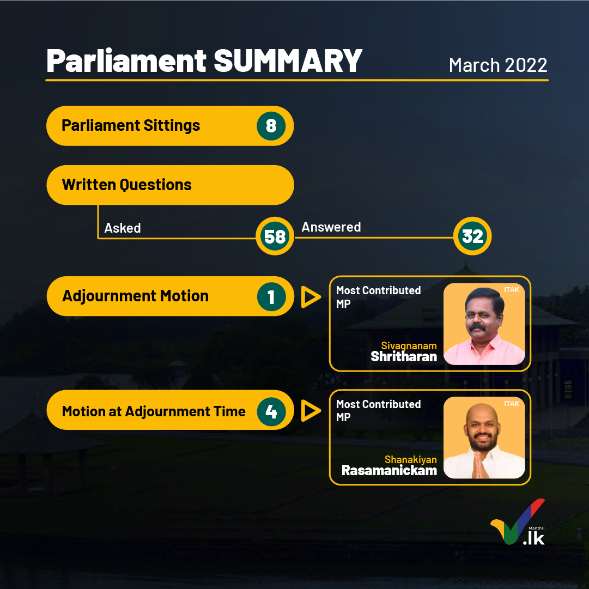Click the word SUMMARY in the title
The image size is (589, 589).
[288, 60]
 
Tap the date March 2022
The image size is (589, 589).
[497, 65]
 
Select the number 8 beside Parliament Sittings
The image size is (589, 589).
[271, 126]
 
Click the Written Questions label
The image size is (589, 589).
[127, 185]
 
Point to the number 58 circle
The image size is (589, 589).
[275, 236]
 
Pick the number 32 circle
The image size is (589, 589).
[472, 236]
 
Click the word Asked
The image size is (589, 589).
[123, 228]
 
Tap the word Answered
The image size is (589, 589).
[331, 227]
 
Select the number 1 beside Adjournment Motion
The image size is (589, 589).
[271, 297]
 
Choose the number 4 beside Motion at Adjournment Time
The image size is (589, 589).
[271, 412]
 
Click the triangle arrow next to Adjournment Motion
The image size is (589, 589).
[310, 297]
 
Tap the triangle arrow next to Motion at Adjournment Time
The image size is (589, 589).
[310, 411]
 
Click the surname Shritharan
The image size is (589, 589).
[404, 356]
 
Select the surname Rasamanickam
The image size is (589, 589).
[389, 470]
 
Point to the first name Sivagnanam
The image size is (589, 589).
[409, 345]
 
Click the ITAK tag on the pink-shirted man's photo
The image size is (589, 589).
[512, 290]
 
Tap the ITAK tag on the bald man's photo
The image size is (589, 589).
[512, 403]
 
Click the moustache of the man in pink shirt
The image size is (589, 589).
[478, 327]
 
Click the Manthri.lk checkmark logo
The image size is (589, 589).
[518, 522]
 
